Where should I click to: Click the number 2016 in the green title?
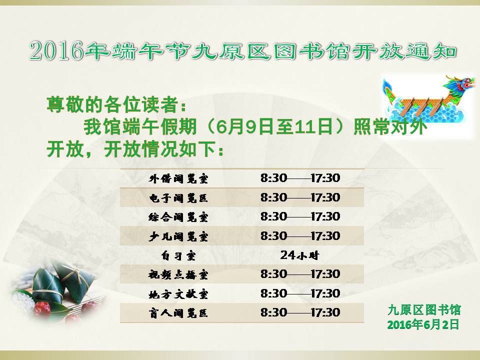coord(56,50)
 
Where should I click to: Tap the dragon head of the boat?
coord(459,84)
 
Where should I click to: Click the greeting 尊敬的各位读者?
coord(112,104)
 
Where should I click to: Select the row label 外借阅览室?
coord(178,178)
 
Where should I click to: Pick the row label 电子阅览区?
coord(178,198)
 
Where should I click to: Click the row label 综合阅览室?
coord(178,217)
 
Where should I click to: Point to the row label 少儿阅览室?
coord(178,236)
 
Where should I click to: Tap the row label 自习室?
coord(178,255)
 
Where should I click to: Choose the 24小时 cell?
coord(299,255)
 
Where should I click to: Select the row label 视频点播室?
coord(178,274)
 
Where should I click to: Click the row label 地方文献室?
coord(178,294)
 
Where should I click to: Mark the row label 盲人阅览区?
coord(178,313)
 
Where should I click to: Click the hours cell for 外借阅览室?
coord(300,178)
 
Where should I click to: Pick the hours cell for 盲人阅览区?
coord(300,312)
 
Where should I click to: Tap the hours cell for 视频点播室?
coord(300,274)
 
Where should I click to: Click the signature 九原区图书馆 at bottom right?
coord(424,310)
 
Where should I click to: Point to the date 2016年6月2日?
coord(423,324)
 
